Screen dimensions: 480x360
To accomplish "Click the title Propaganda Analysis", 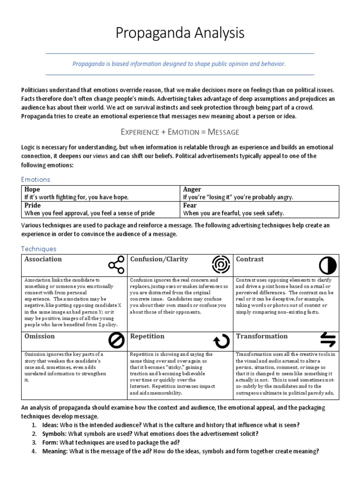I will [x=180, y=33].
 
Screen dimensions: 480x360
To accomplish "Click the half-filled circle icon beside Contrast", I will [x=327, y=265].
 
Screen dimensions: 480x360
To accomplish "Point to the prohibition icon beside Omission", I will [x=116, y=340].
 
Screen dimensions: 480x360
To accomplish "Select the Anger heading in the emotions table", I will [x=192, y=189].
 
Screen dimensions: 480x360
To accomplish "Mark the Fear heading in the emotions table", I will [x=190, y=205].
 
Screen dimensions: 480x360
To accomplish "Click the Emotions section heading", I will [x=36, y=179].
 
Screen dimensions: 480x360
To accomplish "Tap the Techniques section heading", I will [x=38, y=249].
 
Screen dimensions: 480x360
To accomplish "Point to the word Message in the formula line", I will [x=219, y=132].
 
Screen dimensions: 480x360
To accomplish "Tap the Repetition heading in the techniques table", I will [x=147, y=336].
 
